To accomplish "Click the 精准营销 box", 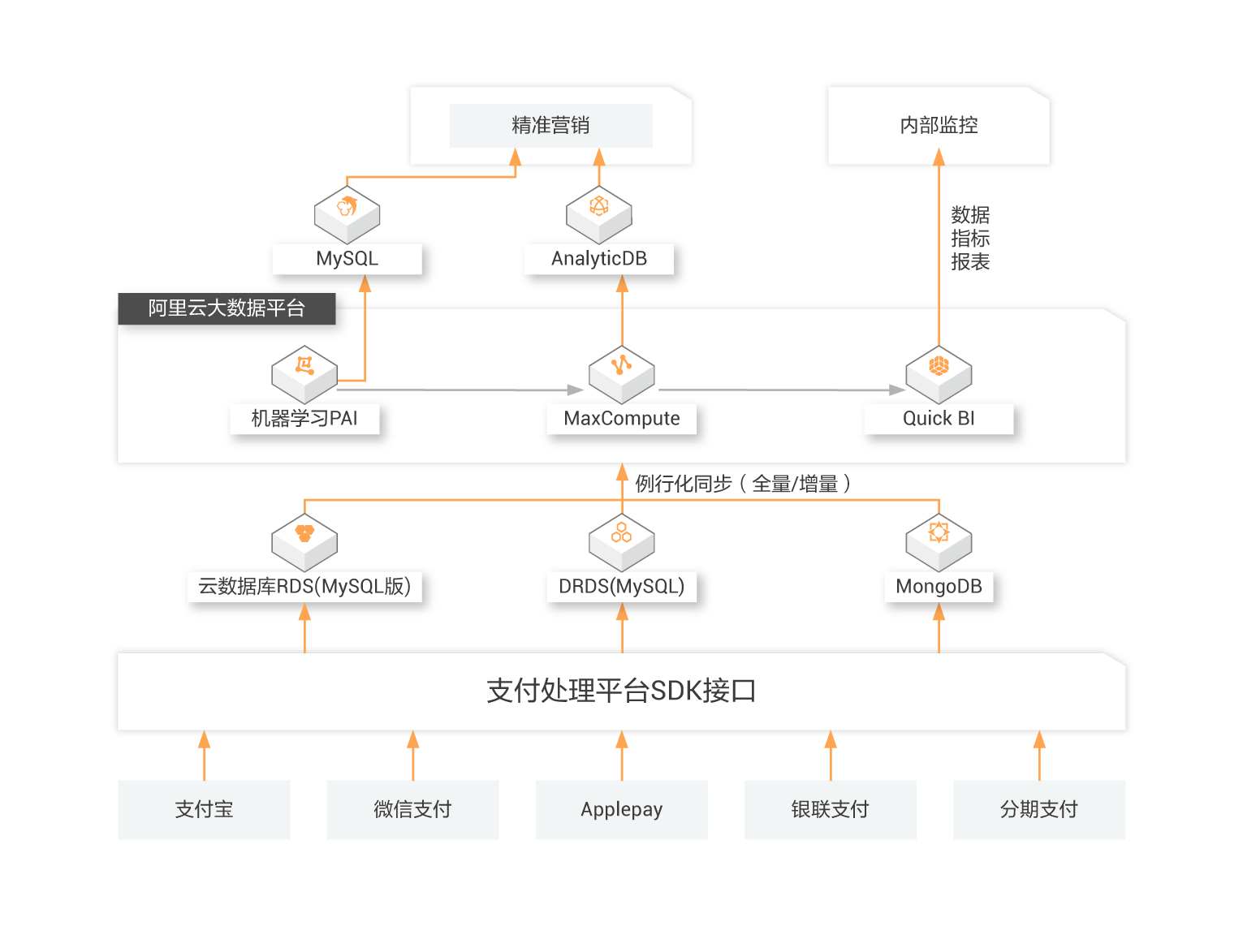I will click(x=550, y=126).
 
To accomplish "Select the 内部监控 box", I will click(x=939, y=126).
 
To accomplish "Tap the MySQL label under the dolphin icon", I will click(x=347, y=259).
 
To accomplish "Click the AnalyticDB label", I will click(x=599, y=259).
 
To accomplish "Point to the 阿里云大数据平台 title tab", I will click(x=226, y=308).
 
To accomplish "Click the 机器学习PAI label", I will click(x=304, y=419).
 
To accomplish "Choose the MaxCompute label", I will click(x=622, y=419).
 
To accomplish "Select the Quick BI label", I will click(x=939, y=419).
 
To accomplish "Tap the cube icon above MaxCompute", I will click(x=622, y=373).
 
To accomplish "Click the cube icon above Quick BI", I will click(x=939, y=373).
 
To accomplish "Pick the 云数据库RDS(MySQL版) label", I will click(x=304, y=587).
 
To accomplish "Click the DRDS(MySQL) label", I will click(x=622, y=587).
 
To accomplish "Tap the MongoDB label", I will click(x=939, y=587).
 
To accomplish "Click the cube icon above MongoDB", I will click(x=939, y=540).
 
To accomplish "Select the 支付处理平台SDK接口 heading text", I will click(x=622, y=691).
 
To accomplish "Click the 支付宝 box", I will click(x=204, y=809).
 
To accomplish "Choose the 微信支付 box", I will click(x=412, y=809).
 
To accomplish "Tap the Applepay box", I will click(x=622, y=809).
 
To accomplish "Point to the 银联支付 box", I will click(x=831, y=809).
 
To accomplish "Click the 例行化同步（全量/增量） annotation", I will click(x=743, y=485).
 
